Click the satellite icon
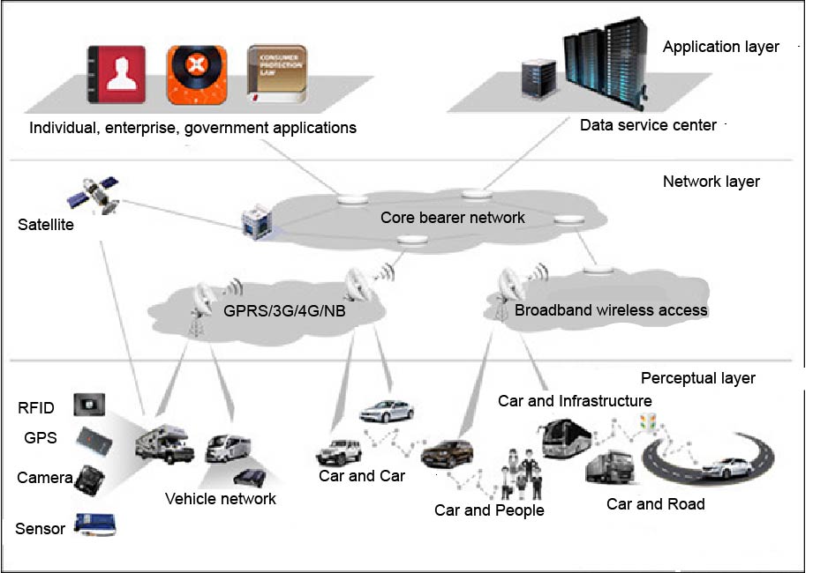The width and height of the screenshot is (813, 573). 97,196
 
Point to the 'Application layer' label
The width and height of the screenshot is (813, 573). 720,47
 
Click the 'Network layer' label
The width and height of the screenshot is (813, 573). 711,182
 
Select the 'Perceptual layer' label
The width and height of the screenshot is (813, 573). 697,378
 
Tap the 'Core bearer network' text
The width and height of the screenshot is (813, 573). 452,217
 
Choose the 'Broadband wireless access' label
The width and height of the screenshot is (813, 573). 611,309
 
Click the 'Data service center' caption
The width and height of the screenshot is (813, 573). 648,125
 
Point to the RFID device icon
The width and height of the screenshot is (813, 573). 89,406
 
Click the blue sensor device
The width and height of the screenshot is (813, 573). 94,525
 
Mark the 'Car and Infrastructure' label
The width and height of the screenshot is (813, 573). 574,401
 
